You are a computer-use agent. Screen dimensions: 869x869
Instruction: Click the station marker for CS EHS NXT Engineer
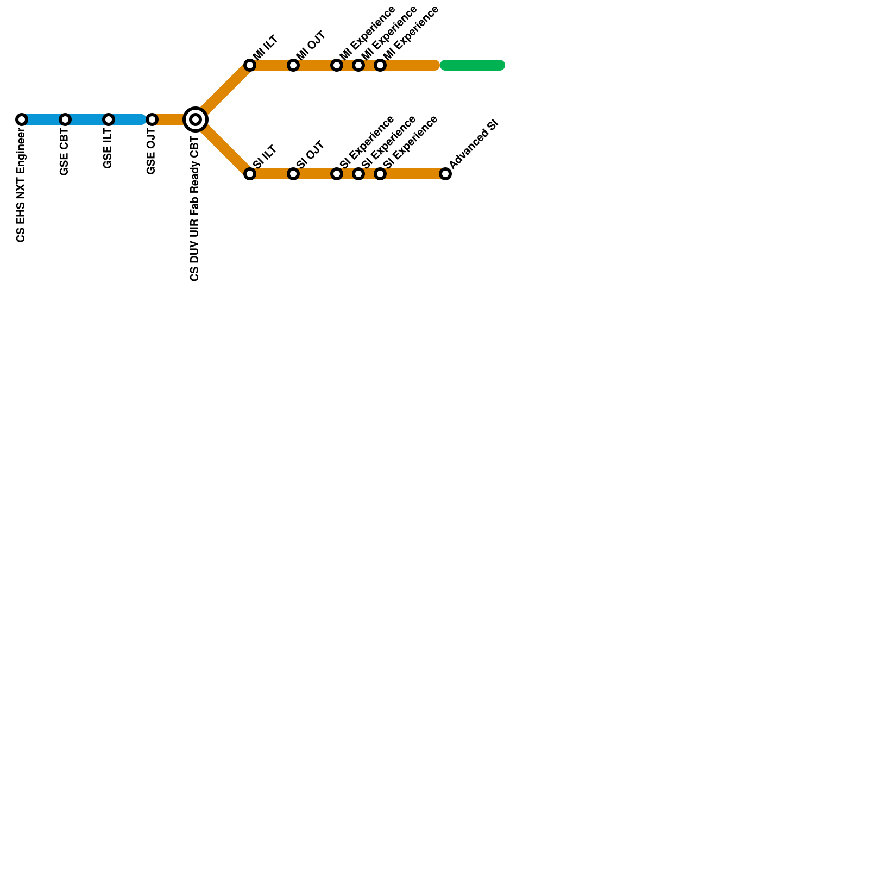click(22, 119)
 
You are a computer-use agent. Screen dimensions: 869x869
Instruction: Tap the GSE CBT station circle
click(65, 119)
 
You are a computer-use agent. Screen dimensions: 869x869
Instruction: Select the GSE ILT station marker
click(109, 119)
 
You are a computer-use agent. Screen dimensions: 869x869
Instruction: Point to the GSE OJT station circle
click(152, 119)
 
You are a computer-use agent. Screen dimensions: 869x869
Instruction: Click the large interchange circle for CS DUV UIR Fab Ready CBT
click(196, 119)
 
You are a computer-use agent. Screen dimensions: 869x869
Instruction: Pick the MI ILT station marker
click(250, 65)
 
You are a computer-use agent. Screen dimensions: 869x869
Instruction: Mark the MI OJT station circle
click(293, 65)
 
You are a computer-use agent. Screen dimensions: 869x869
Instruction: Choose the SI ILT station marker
click(250, 174)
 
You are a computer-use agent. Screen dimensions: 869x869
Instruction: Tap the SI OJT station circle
click(293, 174)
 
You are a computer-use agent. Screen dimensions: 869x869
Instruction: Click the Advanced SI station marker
click(445, 174)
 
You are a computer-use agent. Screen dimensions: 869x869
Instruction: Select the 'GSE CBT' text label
click(65, 153)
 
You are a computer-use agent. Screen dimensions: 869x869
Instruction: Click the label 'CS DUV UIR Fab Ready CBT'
click(195, 206)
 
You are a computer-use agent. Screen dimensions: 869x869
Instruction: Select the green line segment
click(473, 65)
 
